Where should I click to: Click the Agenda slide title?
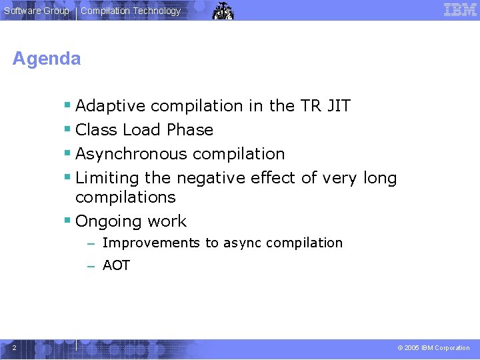47,59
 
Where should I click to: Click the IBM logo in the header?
460,10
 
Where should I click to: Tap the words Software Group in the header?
37,11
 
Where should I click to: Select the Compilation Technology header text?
131,11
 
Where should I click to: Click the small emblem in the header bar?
223,11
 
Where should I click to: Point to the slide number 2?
14,347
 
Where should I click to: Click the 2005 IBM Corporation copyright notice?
433,348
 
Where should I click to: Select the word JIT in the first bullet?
337,106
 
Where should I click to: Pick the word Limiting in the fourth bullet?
107,178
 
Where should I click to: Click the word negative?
211,178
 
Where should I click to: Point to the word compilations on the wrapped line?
125,197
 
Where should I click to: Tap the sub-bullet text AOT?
116,265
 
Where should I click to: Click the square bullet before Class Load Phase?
67,130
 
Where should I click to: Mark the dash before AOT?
91,265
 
